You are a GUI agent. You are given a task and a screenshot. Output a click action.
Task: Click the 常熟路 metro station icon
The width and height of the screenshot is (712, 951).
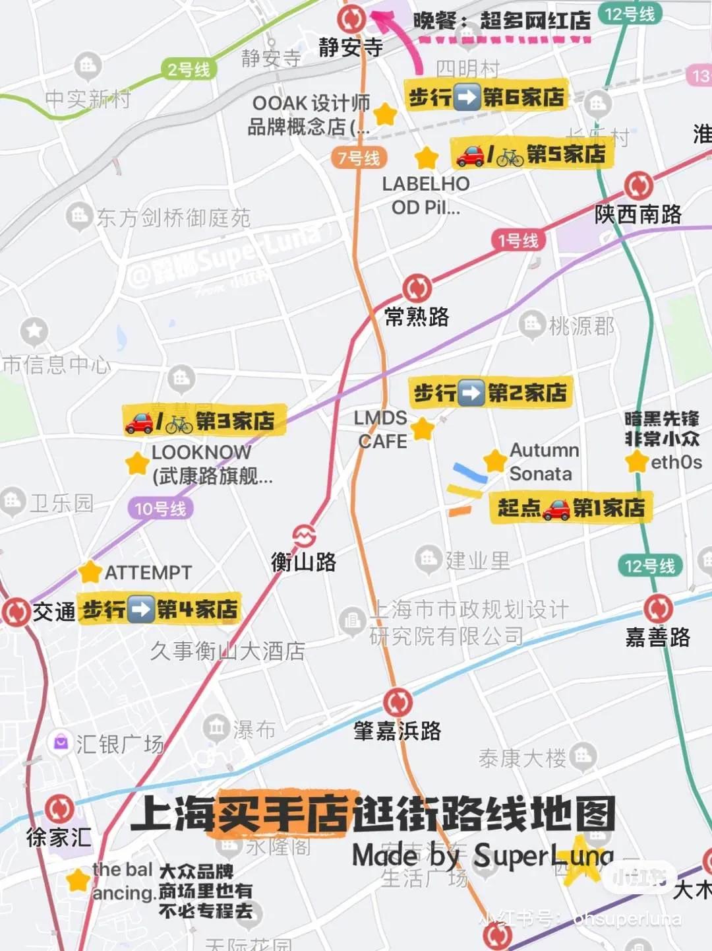coord(417,288)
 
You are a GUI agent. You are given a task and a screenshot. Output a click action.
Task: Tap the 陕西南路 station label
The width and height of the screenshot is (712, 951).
coord(638,214)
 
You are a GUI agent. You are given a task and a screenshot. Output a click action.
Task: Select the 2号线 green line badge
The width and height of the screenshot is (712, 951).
coord(189,69)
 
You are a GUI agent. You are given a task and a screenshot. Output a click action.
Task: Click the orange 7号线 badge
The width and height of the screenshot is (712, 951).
coord(359,158)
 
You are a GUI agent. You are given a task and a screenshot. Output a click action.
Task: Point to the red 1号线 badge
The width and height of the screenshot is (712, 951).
coord(518,240)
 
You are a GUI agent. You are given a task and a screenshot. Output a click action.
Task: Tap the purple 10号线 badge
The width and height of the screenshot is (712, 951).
coord(160,508)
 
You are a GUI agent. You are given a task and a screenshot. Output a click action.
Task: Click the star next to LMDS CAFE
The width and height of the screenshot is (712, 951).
coord(422,429)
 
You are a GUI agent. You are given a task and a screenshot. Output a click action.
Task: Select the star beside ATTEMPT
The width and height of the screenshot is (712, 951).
coord(90,572)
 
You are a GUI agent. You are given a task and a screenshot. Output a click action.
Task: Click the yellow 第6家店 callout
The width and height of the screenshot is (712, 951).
coord(487,98)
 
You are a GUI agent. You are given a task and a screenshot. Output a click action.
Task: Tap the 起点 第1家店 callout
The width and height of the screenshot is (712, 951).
coord(571,508)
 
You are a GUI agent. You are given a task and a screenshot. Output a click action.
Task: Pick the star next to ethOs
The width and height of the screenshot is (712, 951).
coord(637,461)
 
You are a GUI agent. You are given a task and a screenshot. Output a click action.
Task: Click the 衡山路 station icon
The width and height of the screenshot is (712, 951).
coord(304,535)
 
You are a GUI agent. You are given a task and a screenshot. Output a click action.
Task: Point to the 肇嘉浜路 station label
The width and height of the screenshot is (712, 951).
coord(397,731)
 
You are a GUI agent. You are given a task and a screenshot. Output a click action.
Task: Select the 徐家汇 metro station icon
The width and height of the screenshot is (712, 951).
coord(59,808)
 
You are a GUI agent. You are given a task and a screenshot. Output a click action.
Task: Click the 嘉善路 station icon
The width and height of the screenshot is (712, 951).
coord(657,608)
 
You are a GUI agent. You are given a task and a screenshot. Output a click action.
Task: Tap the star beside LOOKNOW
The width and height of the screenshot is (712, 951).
coord(136,463)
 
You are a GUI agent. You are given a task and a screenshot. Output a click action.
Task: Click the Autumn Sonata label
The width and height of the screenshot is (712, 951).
coord(543,461)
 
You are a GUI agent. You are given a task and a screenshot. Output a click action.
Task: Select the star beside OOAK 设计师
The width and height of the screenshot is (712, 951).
coord(384,114)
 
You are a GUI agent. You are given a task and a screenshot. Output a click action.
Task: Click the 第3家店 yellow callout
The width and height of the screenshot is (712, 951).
coord(204,421)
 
